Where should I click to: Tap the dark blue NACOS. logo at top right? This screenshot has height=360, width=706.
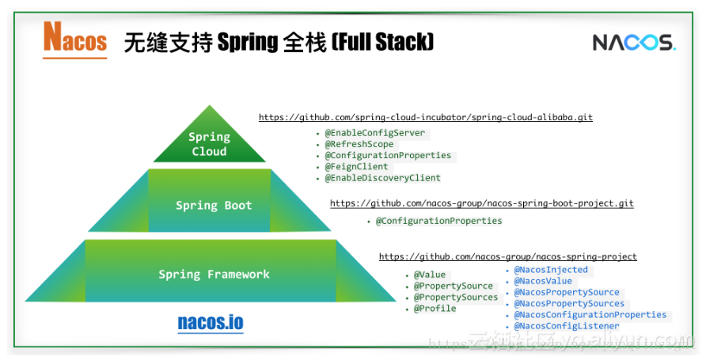pyautogui.click(x=634, y=42)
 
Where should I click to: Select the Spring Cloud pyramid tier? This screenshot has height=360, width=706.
pyautogui.click(x=209, y=143)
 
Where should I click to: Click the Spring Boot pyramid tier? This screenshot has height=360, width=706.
pyautogui.click(x=214, y=206)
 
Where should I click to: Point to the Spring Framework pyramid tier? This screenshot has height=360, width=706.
pyautogui.click(x=214, y=275)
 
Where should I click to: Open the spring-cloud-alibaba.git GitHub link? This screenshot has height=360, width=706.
pyautogui.click(x=425, y=118)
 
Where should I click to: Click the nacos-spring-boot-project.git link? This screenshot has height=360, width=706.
pyautogui.click(x=481, y=203)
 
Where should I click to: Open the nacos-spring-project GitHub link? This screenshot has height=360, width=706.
pyautogui.click(x=507, y=257)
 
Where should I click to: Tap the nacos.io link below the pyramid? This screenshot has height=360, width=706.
pyautogui.click(x=211, y=323)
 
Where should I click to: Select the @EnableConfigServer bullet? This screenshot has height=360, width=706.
pyautogui.click(x=374, y=133)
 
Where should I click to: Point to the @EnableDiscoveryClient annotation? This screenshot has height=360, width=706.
pyautogui.click(x=382, y=178)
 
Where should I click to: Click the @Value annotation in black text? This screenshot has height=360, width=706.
pyautogui.click(x=430, y=275)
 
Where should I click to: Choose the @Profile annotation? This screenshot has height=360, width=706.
pyautogui.click(x=435, y=308)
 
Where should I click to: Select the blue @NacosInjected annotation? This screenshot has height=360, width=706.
pyautogui.click(x=551, y=270)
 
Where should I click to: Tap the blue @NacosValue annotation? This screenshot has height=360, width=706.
pyautogui.click(x=543, y=281)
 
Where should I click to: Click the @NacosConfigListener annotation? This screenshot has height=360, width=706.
pyautogui.click(x=567, y=326)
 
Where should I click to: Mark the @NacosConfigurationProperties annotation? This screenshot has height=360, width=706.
pyautogui.click(x=590, y=315)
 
